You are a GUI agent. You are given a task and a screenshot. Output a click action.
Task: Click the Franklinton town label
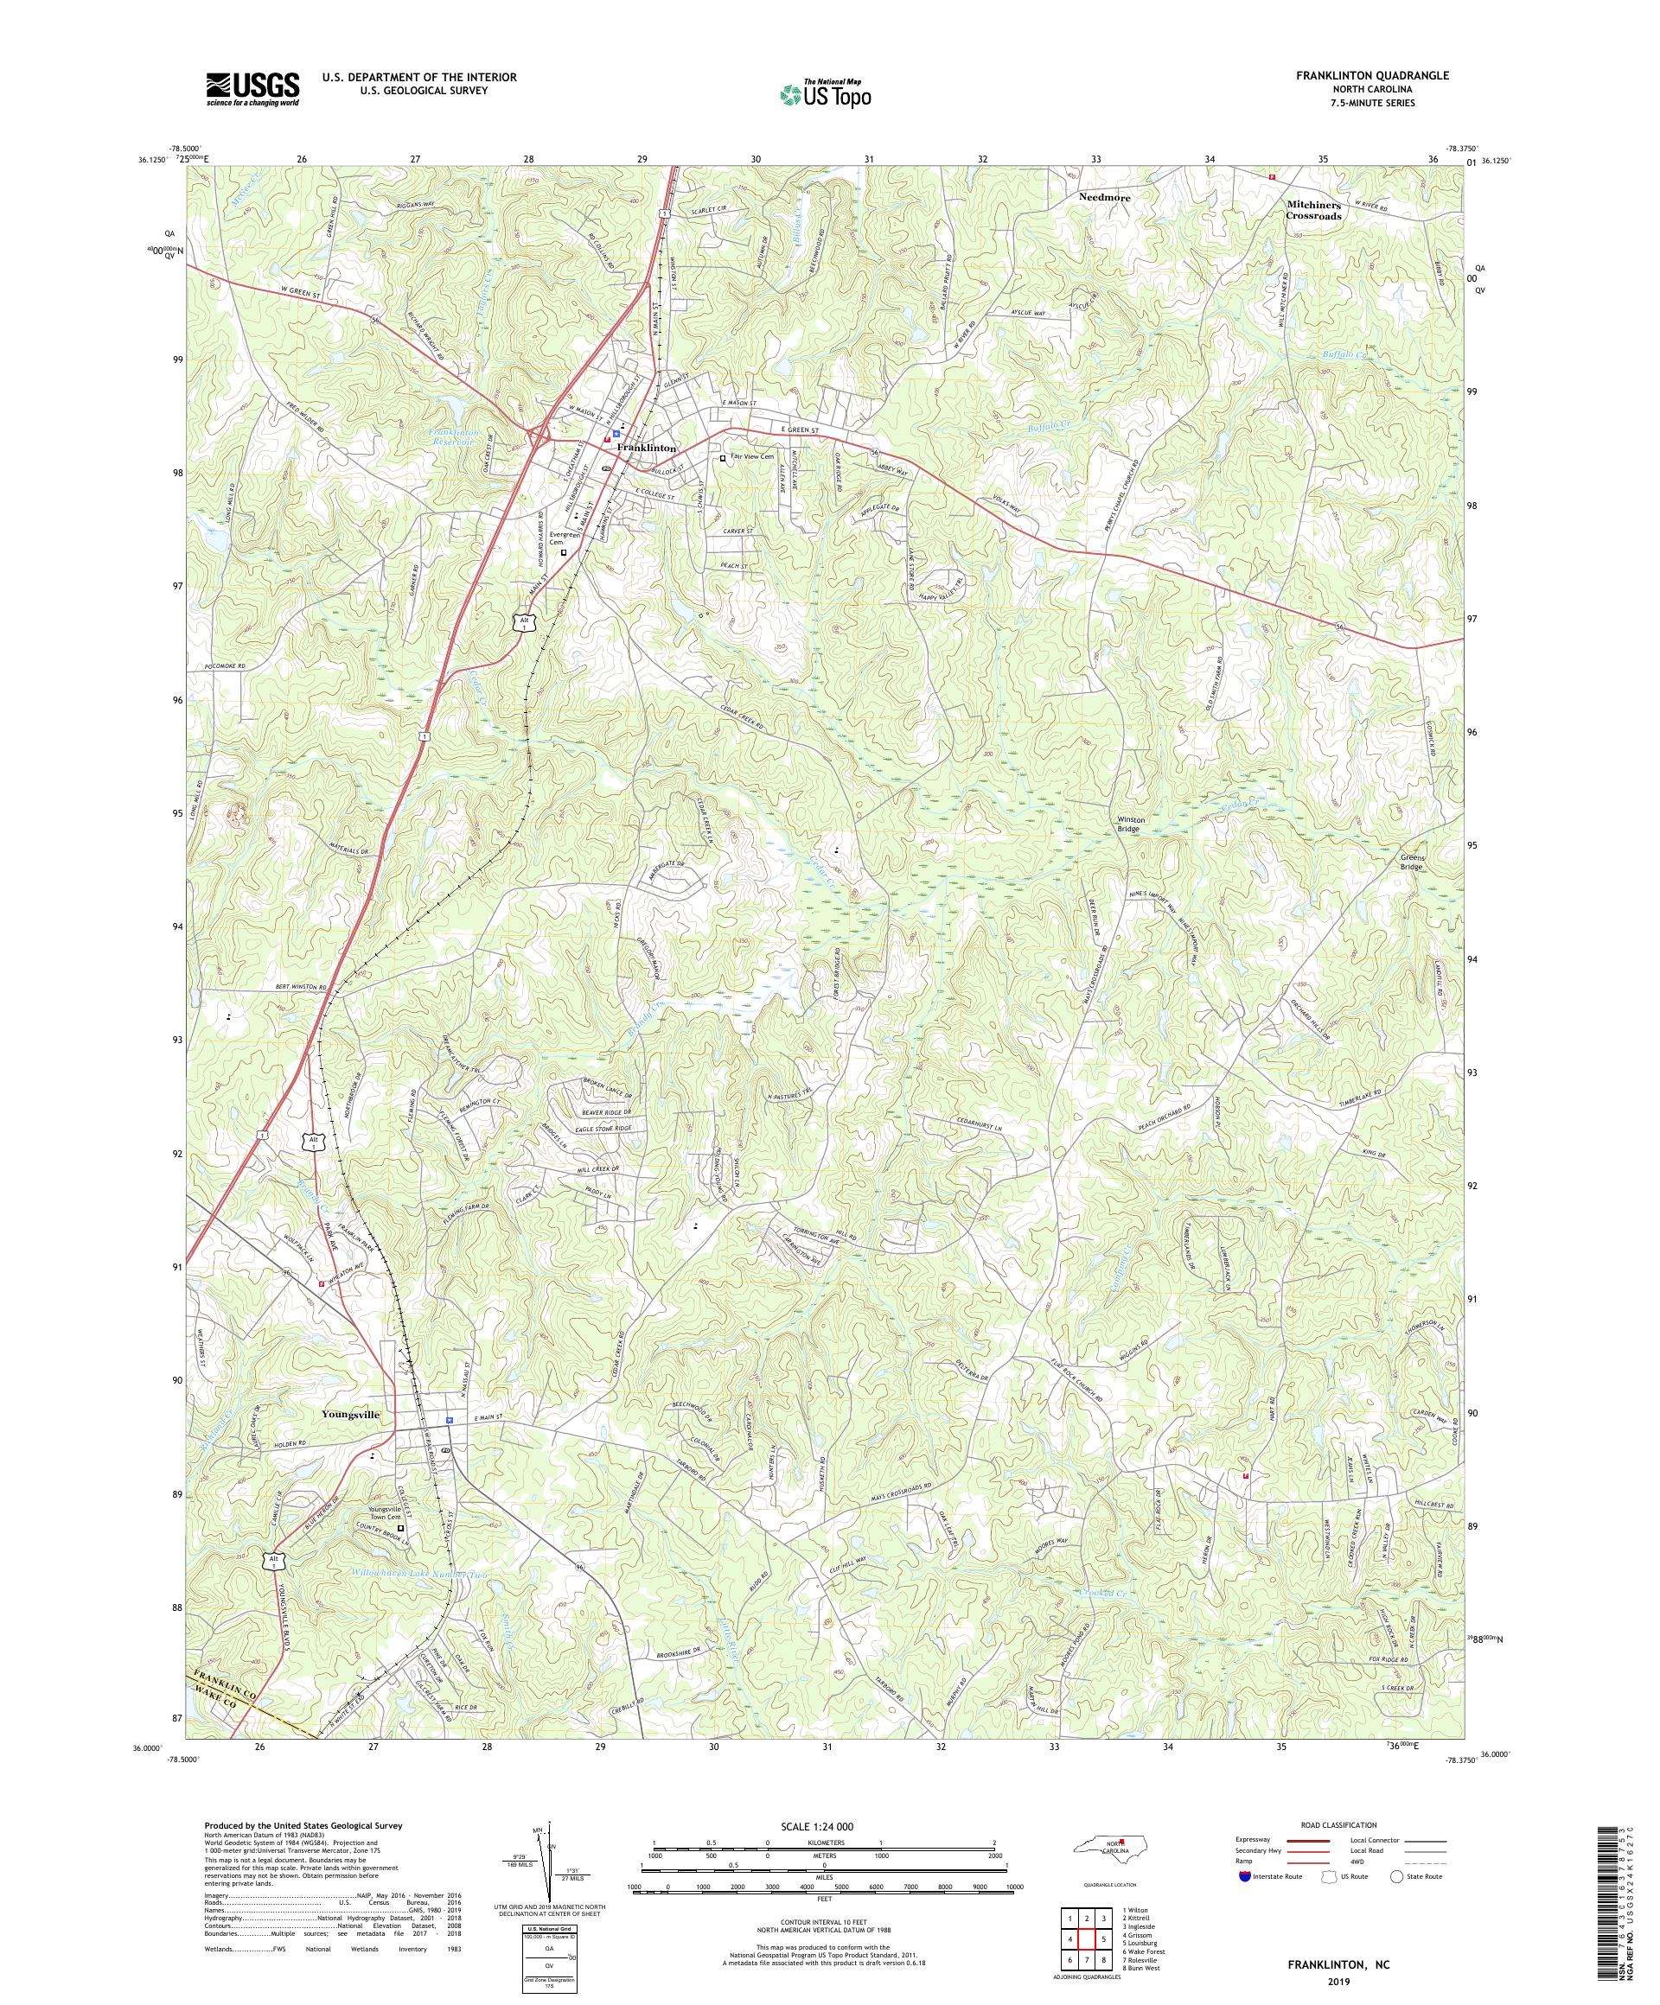647,448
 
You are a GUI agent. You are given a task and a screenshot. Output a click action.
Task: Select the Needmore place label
1104,198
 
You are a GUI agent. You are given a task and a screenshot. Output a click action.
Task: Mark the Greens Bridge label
1412,862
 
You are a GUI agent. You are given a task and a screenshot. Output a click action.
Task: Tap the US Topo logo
827,93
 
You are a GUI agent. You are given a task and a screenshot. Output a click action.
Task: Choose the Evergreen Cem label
563,538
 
